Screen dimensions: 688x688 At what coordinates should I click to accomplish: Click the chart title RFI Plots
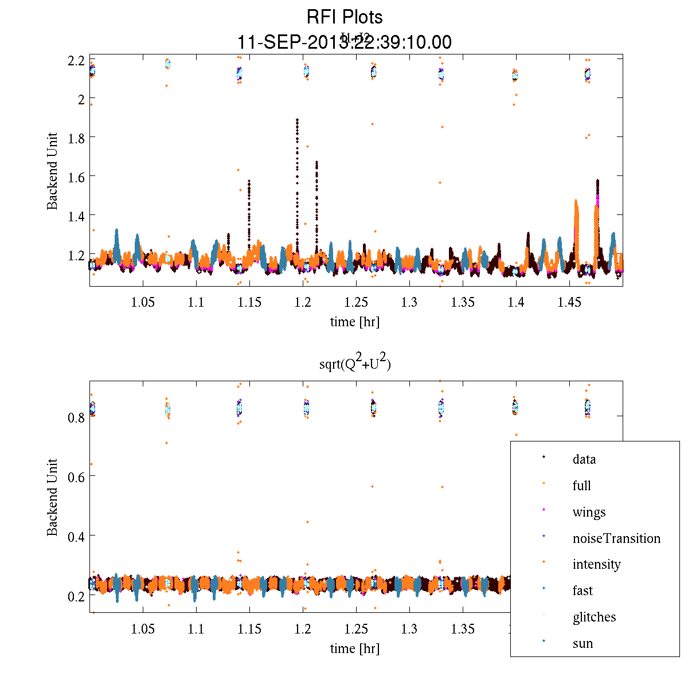[344, 17]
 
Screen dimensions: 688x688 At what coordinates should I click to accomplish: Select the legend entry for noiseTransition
[616, 538]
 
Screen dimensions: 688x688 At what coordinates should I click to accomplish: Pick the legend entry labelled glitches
[594, 617]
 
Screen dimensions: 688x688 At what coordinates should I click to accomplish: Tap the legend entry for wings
[589, 512]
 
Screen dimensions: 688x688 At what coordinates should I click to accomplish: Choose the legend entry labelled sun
[583, 643]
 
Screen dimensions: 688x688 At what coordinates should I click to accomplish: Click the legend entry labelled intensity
[596, 564]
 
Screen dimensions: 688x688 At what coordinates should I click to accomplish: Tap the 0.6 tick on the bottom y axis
[76, 476]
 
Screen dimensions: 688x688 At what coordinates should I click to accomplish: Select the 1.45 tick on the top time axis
[569, 302]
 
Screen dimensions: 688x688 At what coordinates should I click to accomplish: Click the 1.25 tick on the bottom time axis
[356, 629]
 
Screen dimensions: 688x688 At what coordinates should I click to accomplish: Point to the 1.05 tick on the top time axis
[143, 302]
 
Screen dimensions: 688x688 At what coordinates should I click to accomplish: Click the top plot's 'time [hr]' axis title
[354, 322]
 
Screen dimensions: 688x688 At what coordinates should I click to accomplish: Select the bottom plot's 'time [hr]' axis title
[354, 648]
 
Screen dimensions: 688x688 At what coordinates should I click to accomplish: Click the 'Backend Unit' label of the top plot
[52, 171]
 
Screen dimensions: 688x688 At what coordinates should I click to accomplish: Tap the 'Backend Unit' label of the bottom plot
[52, 497]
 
